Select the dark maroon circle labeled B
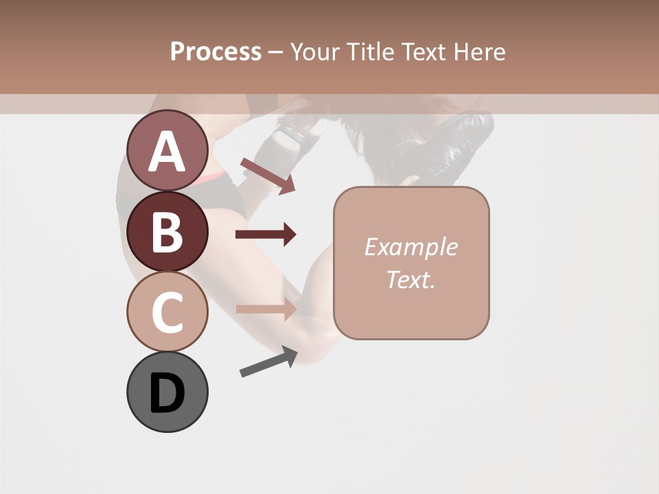click(167, 231)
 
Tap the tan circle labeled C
click(167, 311)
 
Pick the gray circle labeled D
click(167, 392)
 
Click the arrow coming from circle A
click(268, 174)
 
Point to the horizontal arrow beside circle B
click(266, 235)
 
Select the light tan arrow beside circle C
click(266, 309)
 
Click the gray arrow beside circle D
click(268, 362)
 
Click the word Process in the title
click(216, 51)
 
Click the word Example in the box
click(411, 247)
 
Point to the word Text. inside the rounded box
click(411, 279)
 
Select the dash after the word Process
click(275, 52)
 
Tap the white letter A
click(167, 151)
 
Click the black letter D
click(167, 393)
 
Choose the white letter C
click(167, 312)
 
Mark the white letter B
click(167, 232)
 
